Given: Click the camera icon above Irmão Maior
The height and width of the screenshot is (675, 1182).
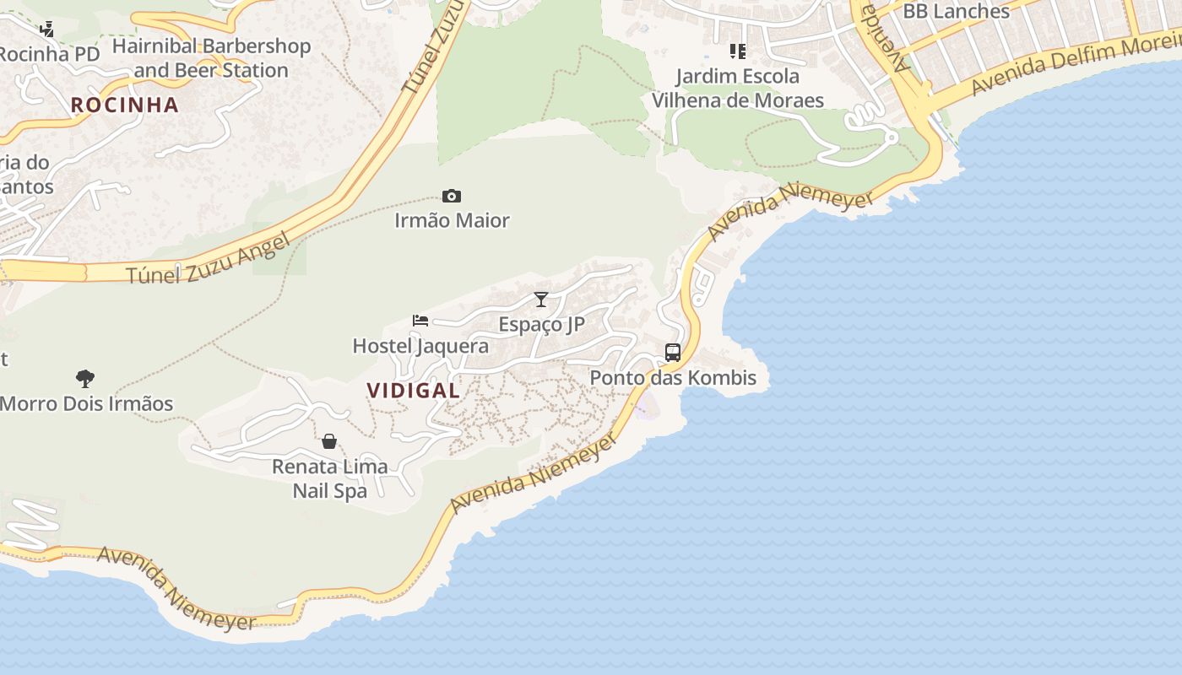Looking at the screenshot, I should [x=452, y=197].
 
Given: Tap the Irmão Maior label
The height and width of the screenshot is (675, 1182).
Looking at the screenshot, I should [x=452, y=220].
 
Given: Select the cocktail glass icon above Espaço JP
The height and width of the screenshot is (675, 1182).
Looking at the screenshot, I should [x=541, y=300].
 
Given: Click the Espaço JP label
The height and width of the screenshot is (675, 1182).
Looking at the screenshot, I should [x=541, y=324].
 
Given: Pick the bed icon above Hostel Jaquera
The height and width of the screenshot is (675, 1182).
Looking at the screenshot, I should [x=420, y=321].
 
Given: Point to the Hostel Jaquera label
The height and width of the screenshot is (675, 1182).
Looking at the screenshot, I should [x=420, y=346].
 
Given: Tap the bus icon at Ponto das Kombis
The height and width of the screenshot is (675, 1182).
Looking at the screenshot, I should [x=673, y=353].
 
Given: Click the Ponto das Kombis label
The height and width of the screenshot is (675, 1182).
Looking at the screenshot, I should [x=673, y=377].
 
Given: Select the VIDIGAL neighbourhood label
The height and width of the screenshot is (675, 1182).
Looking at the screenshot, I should [x=414, y=391].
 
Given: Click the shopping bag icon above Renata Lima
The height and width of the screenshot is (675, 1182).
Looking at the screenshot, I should [x=329, y=441].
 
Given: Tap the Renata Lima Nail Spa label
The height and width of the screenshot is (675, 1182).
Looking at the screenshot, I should [x=329, y=478].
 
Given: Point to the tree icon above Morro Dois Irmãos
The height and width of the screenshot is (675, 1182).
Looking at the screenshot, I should [x=85, y=378].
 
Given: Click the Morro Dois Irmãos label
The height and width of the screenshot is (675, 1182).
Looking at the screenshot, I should [x=86, y=403].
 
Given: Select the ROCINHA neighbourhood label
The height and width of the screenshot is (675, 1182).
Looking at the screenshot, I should [x=125, y=105].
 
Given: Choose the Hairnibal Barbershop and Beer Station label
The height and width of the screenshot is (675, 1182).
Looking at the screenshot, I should [x=211, y=58].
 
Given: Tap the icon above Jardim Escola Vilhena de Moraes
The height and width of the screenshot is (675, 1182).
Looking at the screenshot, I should [x=738, y=51].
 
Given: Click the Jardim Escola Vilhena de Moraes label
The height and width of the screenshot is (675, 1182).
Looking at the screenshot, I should [x=738, y=89].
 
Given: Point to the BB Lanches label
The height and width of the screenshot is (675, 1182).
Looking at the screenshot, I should [x=956, y=11].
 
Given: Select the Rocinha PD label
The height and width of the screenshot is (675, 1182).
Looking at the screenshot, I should [x=49, y=54].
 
